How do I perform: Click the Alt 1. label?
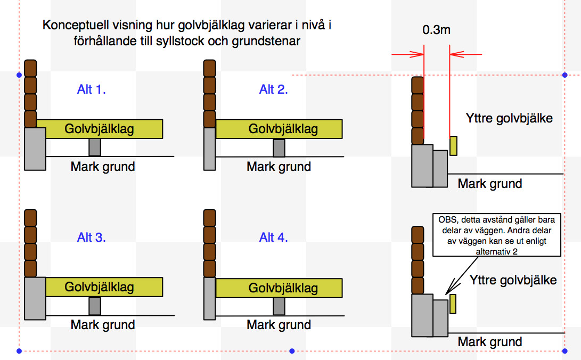92,89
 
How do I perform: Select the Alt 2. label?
274,89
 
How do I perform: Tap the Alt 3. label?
92,238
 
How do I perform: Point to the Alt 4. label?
274,238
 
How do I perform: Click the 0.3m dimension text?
436,30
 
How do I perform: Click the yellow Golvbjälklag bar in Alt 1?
100,129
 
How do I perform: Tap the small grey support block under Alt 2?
279,148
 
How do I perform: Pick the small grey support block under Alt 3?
95,306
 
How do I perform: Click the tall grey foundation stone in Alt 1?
35,149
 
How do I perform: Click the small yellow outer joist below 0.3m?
453,146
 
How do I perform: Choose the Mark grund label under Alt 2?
279,167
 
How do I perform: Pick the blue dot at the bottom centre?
291,351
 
